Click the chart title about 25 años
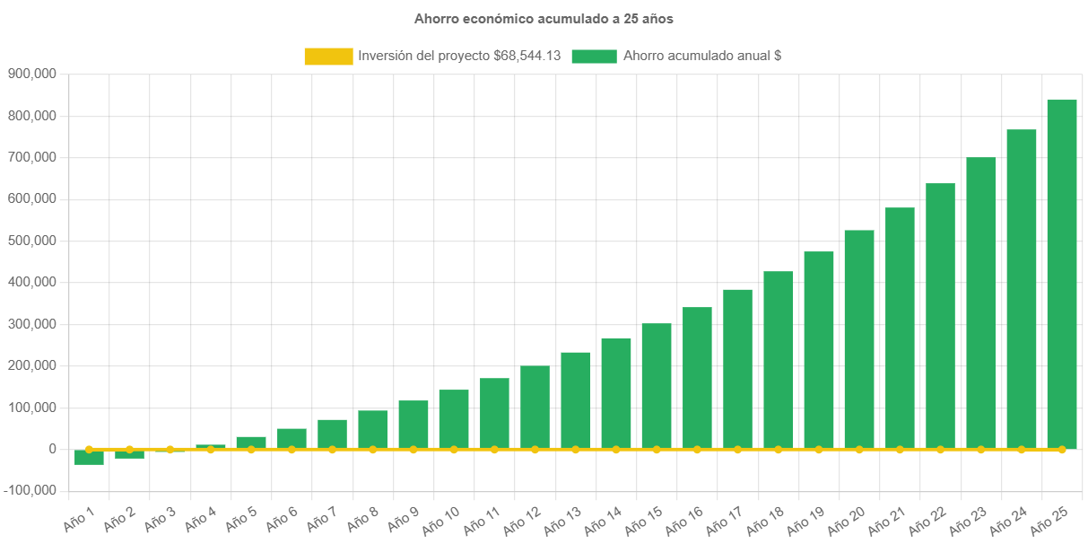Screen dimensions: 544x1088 [544, 18]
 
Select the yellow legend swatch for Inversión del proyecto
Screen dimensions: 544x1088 [328, 56]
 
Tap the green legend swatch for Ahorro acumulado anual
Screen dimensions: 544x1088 [594, 56]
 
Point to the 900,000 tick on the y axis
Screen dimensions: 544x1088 [32, 74]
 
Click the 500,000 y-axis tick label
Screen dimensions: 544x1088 [32, 241]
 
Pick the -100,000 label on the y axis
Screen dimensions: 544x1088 [30, 490]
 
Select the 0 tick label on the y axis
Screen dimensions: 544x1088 [53, 449]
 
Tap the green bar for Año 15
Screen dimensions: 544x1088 [657, 386]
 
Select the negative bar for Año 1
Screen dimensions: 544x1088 [89, 458]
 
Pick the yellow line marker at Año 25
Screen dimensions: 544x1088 [1062, 449]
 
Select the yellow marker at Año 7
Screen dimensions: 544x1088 [332, 449]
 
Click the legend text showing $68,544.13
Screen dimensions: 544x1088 [459, 56]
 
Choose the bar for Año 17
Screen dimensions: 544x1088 [737, 368]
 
